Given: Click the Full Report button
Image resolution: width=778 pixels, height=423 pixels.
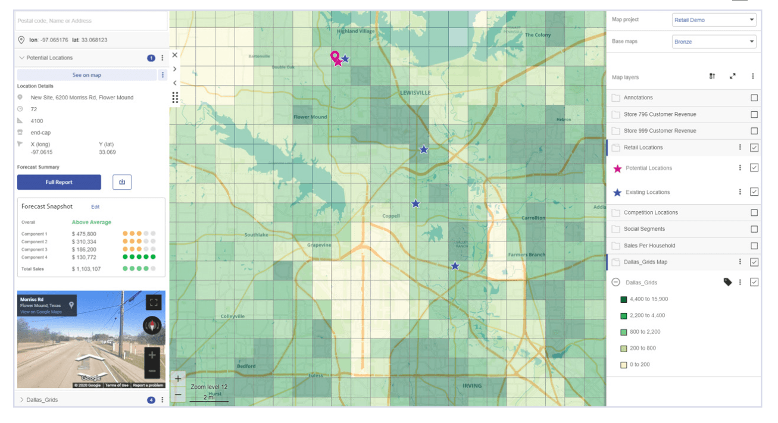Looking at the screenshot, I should (59, 182).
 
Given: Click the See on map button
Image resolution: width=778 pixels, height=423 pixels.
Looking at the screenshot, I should (86, 75).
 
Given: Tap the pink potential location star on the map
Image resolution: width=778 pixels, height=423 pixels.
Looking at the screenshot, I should (338, 62).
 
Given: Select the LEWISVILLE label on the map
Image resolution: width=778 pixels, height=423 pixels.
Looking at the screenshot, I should (415, 93).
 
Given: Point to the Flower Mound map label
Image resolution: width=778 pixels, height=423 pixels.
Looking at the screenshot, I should (310, 117).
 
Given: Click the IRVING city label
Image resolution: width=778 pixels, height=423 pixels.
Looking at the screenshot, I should (472, 386).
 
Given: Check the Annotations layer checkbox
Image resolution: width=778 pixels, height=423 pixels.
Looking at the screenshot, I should (754, 98).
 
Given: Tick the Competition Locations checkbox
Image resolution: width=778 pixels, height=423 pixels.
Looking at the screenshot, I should (754, 212).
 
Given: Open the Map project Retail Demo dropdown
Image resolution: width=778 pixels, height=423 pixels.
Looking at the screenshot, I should (714, 20).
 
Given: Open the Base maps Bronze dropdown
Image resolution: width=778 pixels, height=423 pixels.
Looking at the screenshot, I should (714, 42).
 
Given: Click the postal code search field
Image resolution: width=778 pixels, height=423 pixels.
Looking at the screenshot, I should (91, 21).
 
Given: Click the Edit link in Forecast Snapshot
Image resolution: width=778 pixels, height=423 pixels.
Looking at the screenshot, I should (95, 207).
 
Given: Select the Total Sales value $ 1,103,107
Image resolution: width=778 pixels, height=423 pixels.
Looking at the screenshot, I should (86, 269).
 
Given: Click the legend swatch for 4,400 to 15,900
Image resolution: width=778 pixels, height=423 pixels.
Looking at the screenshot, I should (624, 299).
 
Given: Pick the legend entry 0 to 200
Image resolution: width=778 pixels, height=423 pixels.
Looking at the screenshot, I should (639, 364).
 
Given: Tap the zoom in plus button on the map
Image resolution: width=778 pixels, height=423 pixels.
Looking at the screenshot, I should (178, 378).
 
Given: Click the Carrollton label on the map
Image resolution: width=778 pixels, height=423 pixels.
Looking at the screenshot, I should (533, 218).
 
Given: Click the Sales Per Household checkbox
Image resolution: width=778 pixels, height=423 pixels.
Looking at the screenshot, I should (754, 245).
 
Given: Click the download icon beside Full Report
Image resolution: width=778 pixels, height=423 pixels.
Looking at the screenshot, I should (122, 182).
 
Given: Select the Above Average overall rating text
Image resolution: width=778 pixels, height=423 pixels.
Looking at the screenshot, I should (91, 223).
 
